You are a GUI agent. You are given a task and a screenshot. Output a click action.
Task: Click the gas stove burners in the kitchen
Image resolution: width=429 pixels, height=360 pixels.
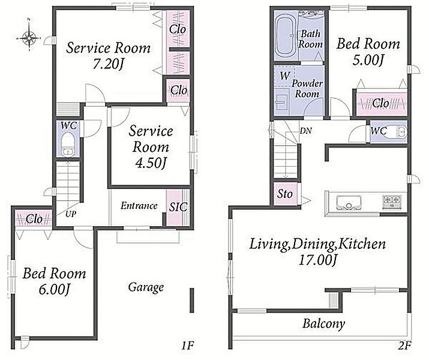[x=392, y=202]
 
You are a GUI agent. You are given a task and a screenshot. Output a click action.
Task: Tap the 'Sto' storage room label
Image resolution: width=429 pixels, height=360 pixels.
[x=285, y=194]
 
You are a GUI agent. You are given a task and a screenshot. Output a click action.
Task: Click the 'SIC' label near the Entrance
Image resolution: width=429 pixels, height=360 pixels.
[x=178, y=207]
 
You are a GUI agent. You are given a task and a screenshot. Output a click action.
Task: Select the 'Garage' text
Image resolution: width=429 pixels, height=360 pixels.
[x=146, y=287]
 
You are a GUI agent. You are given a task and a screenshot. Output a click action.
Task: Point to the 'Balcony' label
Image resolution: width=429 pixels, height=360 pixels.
[x=323, y=323]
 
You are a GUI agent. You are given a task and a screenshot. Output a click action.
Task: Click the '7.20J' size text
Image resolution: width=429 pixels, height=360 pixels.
[x=109, y=65]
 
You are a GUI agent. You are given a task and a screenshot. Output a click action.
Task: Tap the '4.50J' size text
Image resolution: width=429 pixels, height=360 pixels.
[x=151, y=163]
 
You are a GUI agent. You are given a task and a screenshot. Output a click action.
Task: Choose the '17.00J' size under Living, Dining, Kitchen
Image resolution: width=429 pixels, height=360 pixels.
[x=317, y=260]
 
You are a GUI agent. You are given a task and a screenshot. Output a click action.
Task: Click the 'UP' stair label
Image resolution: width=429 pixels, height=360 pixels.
[x=71, y=214]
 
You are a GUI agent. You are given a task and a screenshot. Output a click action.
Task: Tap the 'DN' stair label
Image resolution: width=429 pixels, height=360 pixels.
[x=305, y=131]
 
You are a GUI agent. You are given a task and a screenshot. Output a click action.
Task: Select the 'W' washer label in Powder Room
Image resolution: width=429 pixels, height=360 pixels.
[x=284, y=76]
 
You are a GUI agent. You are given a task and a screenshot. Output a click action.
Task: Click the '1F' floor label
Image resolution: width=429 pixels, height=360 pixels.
[x=188, y=346]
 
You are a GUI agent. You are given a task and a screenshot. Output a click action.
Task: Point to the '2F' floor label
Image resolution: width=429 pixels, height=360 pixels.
[x=404, y=346]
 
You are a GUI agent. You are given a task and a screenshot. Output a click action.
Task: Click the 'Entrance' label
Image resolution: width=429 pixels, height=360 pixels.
[x=139, y=206]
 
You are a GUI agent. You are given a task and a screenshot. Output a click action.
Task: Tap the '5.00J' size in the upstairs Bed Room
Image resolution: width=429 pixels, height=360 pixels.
[x=367, y=60]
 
